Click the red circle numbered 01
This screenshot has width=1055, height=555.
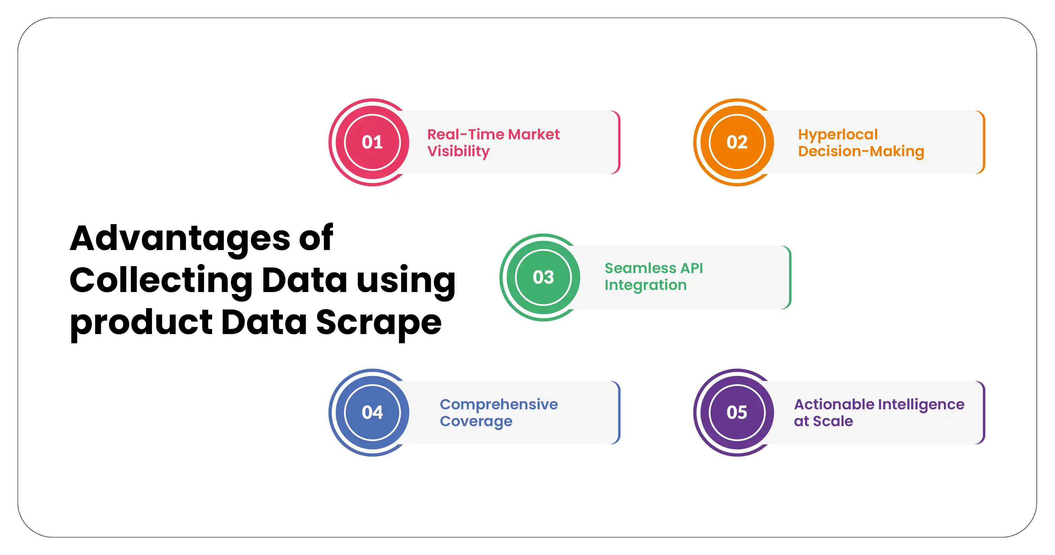click(x=372, y=142)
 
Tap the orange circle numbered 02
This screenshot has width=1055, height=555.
click(x=737, y=142)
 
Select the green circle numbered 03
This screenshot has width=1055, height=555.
click(x=543, y=277)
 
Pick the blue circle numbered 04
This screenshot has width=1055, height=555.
click(x=372, y=412)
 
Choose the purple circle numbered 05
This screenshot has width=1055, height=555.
click(x=737, y=412)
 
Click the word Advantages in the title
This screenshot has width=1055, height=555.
click(x=180, y=238)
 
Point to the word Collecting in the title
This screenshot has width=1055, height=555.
click(x=161, y=280)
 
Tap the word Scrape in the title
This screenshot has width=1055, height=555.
click(x=379, y=322)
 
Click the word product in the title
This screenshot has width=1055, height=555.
click(x=141, y=323)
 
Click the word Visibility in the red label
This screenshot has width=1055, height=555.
click(x=458, y=151)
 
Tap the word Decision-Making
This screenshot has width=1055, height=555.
click(x=861, y=151)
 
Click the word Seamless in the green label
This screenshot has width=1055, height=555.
click(x=640, y=268)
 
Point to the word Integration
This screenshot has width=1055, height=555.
click(x=646, y=285)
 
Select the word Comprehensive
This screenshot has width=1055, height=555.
click(x=498, y=404)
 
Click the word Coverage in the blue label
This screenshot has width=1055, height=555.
click(x=476, y=421)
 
